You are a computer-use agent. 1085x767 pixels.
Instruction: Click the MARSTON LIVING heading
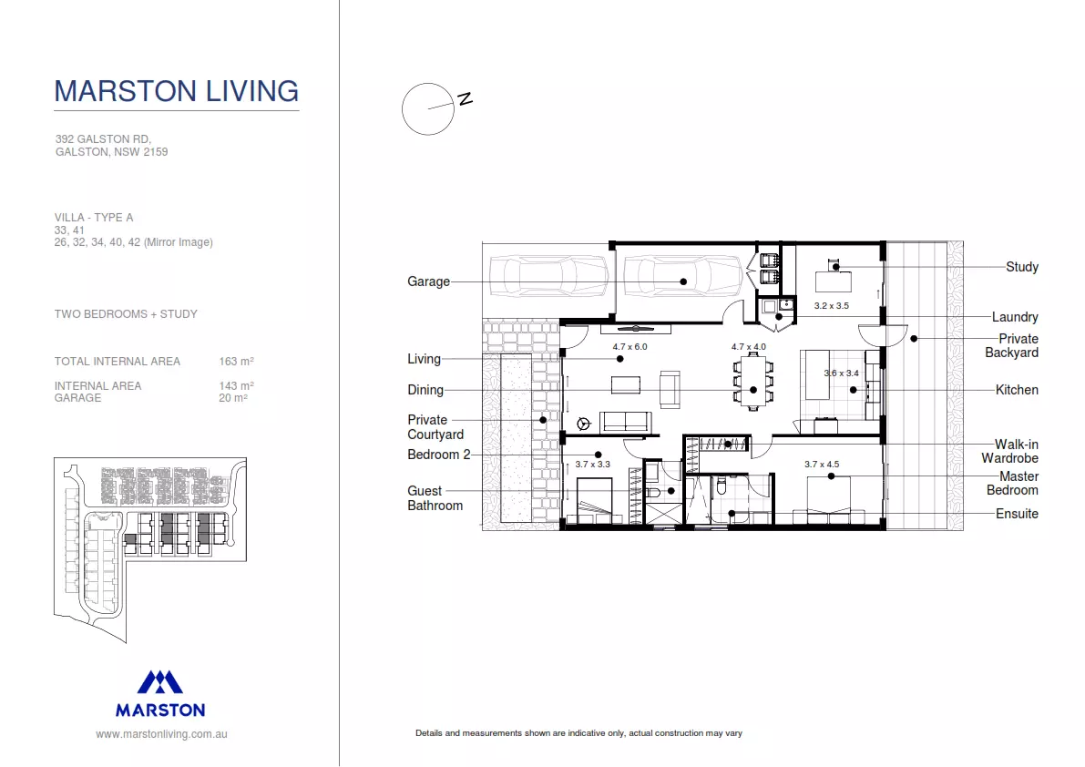176,91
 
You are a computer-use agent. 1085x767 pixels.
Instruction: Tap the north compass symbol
427,109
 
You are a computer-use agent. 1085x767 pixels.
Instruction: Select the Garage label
428,281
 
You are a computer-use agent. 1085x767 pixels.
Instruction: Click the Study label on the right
1021,267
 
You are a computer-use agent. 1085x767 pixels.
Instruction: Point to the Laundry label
1014,317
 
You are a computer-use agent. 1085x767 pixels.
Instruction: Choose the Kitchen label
1017,390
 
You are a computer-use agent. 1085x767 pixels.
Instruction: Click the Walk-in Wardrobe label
1009,451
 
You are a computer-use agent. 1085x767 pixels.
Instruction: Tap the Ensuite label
1017,514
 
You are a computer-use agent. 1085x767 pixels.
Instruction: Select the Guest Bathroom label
435,498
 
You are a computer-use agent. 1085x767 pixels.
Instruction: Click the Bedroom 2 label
438,455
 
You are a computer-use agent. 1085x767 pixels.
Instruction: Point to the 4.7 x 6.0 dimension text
630,347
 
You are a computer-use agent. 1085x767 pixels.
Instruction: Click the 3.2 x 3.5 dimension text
831,306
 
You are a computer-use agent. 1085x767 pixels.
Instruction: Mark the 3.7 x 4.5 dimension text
822,464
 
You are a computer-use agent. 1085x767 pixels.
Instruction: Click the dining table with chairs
752,382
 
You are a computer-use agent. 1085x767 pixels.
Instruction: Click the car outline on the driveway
548,276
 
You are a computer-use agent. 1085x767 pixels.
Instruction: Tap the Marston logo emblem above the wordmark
160,682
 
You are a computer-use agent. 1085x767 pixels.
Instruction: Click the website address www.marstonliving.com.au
161,733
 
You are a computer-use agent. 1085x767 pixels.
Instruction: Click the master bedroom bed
829,500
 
